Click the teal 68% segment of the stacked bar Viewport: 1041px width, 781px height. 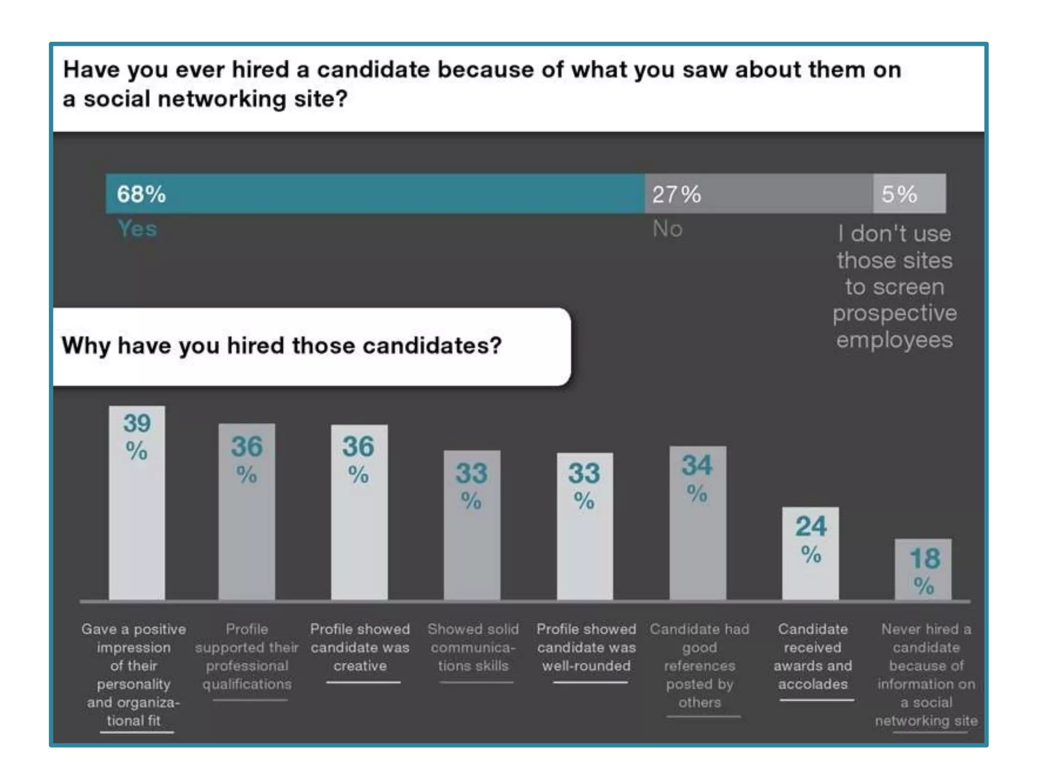tap(375, 194)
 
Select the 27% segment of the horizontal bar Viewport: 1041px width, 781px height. tap(758, 194)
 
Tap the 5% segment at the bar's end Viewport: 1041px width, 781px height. tap(909, 194)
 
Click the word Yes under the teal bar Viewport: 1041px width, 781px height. tap(137, 229)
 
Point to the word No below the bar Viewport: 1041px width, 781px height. tap(667, 229)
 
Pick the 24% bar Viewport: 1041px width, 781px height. tap(810, 559)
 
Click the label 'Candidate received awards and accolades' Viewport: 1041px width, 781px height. tap(813, 656)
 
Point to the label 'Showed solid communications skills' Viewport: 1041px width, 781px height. tap(473, 647)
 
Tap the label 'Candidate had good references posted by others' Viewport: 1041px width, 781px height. tap(699, 666)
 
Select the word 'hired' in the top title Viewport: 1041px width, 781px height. tap(260, 70)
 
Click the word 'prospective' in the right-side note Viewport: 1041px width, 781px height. tap(895, 313)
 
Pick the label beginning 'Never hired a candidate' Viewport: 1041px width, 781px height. tap(926, 675)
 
